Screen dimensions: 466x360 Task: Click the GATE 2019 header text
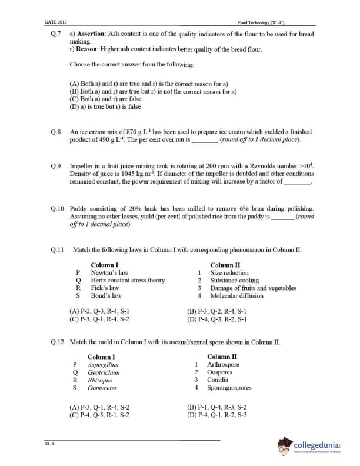click(x=55, y=22)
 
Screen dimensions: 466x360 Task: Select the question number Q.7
click(x=56, y=35)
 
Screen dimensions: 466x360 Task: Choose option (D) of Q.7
click(x=105, y=106)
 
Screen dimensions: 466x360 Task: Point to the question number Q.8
click(x=56, y=133)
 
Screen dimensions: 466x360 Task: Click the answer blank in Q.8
click(x=205, y=141)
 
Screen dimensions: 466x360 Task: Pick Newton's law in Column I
click(x=109, y=273)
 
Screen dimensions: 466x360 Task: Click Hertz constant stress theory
click(x=128, y=281)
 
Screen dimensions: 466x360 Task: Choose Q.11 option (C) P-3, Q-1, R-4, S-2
click(x=99, y=319)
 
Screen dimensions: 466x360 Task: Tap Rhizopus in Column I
click(x=100, y=380)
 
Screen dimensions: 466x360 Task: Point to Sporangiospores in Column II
click(x=229, y=388)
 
